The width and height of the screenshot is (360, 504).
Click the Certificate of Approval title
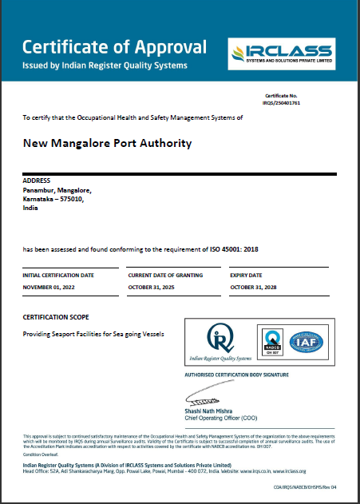tap(114, 46)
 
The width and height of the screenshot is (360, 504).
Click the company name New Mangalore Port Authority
tap(108, 144)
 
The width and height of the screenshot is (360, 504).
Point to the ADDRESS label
tap(38, 181)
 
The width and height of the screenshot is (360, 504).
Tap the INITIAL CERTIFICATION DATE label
tap(58, 275)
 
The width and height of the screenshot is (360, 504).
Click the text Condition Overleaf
tap(38, 452)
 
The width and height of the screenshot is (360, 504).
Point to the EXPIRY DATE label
tap(247, 275)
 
